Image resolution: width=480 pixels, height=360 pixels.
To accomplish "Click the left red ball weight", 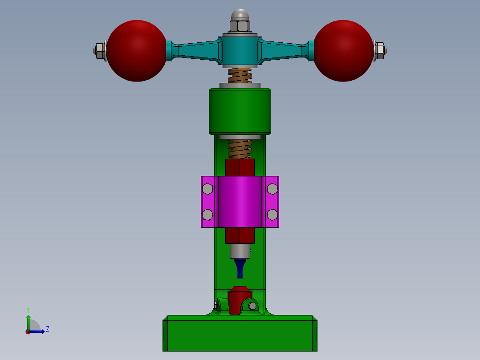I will coord(137,50).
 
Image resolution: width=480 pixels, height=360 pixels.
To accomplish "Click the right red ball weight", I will coord(343,50).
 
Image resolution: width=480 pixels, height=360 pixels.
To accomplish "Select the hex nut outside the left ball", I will coord(100,50).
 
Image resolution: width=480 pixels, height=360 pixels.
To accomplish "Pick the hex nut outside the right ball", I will coord(379,50).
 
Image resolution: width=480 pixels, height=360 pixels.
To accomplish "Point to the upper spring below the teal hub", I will coord(240,75).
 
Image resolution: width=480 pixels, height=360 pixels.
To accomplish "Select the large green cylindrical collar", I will coord(240,111).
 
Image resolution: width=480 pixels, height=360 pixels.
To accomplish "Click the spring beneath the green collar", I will coord(240,149).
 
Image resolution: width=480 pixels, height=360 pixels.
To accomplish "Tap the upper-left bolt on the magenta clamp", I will coord(207,189).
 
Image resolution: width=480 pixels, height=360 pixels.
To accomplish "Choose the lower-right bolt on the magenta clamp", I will coord(272,215).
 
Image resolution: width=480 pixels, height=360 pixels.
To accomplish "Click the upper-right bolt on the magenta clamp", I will coord(272,189).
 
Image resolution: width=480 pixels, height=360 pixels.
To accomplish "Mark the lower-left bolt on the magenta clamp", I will coord(207,215).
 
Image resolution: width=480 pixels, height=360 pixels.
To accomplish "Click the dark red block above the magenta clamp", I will coord(240,168).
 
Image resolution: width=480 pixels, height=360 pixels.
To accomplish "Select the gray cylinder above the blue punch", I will coord(240,251).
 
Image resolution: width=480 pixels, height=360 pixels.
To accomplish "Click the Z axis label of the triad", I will coord(48,329).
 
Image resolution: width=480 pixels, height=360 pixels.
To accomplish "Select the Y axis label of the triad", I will coord(28,309).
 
